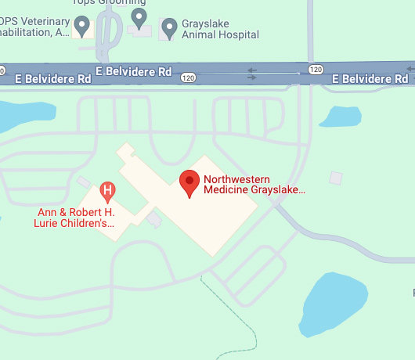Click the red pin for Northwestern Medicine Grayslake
point(189,183)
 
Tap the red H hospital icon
point(108,190)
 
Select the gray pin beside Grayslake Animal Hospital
point(168,29)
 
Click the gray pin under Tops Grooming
point(139,16)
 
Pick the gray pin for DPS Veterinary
point(82,27)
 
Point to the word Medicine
point(225,190)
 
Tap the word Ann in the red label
point(48,212)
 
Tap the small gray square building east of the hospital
point(336,178)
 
